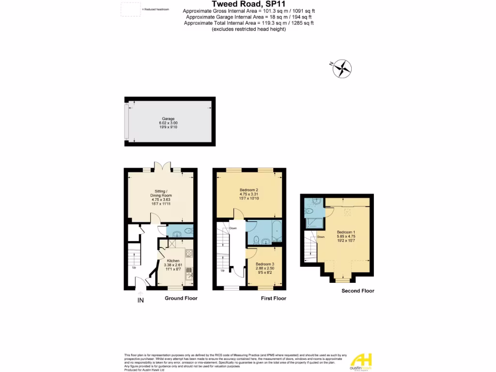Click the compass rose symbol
point(342,68)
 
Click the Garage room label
point(168,119)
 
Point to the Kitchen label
point(173,261)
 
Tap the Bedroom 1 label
point(346,232)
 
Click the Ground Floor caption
point(181,298)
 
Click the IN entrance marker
point(140,300)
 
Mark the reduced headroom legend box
point(130,10)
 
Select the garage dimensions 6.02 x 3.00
point(168,123)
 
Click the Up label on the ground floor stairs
point(134,267)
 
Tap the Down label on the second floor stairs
point(321,237)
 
